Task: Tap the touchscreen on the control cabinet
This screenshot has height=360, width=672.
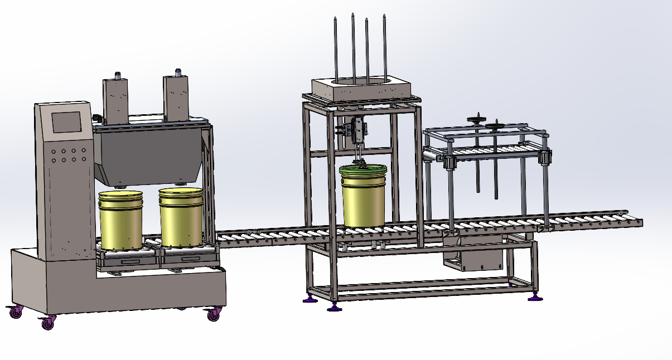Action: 66,122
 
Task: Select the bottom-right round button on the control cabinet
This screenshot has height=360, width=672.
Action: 83,160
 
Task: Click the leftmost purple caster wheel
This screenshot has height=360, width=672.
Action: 15,313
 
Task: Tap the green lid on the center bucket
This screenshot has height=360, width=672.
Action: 364,169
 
